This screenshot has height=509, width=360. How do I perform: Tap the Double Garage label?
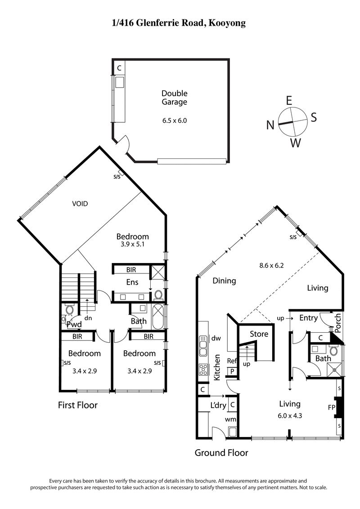coord(174,98)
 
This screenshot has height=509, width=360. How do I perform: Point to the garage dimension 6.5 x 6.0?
coord(174,121)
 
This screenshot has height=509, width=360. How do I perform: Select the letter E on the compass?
coord(289,100)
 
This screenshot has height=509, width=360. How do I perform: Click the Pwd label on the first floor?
coord(73,324)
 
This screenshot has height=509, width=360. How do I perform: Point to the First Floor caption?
coord(78,405)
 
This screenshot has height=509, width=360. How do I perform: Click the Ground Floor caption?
coord(221,453)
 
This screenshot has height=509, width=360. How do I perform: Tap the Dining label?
coord(224,281)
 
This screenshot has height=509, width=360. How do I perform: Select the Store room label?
coord(259,334)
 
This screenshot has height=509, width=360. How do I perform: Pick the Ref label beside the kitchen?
coord(232,361)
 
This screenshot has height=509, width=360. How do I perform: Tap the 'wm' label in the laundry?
coord(231,419)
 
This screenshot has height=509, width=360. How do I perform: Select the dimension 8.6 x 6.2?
coord(271,265)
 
